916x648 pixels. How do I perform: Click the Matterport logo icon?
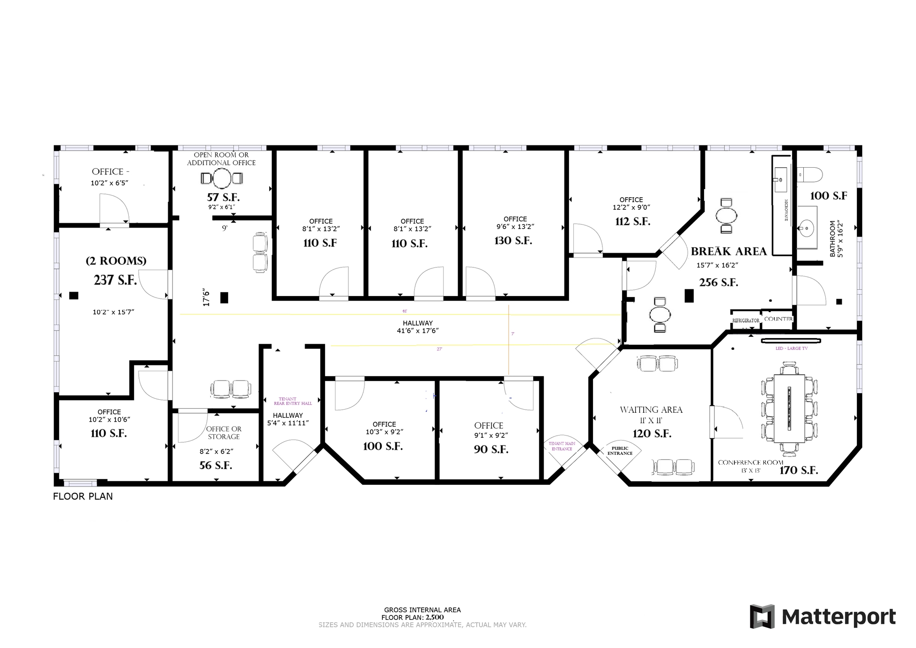click(762, 617)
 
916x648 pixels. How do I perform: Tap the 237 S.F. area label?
click(115, 280)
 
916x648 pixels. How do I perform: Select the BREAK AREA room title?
click(729, 251)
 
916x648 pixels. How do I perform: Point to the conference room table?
click(789, 408)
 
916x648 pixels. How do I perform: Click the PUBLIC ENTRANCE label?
click(619, 451)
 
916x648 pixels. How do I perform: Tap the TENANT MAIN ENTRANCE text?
click(562, 446)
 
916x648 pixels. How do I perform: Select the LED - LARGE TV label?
click(791, 348)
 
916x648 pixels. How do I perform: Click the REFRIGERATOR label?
click(746, 321)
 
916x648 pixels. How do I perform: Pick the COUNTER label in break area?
click(778, 319)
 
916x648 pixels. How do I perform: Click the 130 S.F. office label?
click(513, 241)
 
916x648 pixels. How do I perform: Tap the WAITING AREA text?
click(651, 410)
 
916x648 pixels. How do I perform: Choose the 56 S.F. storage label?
click(216, 466)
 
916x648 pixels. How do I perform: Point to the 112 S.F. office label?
click(632, 221)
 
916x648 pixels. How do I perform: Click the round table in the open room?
click(221, 178)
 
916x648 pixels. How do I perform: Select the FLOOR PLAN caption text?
click(83, 496)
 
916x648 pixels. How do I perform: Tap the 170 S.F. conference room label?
click(798, 470)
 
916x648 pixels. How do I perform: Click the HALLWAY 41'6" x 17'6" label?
click(417, 327)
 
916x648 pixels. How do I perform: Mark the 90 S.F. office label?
click(491, 449)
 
